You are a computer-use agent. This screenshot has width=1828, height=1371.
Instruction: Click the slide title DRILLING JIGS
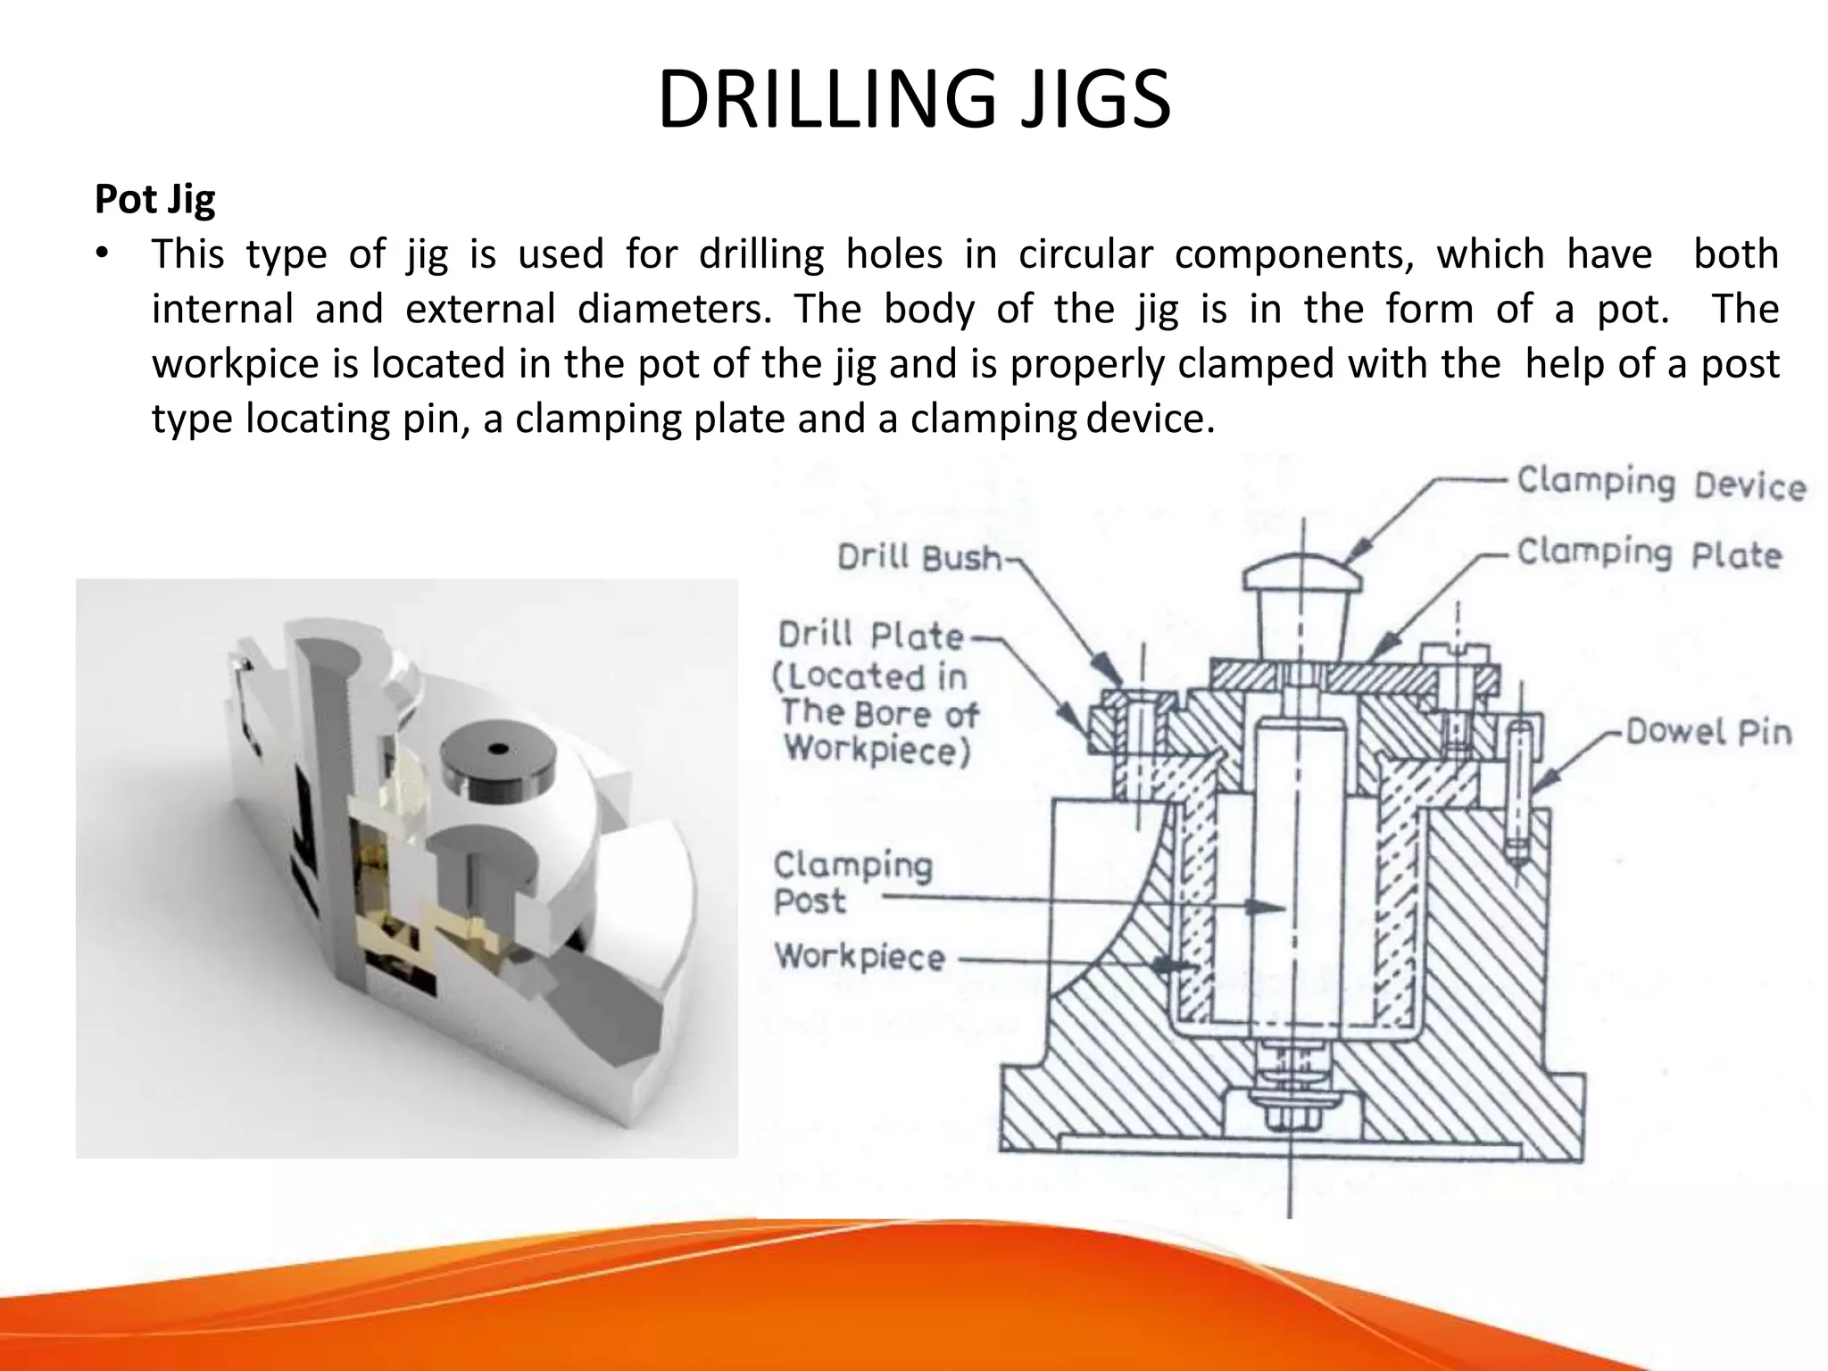point(914,100)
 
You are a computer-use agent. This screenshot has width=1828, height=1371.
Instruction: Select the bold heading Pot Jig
point(154,199)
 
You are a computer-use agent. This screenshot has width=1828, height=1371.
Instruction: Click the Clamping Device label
point(1660,483)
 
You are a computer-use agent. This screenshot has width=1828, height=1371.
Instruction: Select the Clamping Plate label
point(1649,553)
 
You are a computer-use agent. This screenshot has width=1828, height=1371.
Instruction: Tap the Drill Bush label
point(919,558)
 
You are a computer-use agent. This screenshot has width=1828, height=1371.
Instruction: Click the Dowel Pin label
point(1708,732)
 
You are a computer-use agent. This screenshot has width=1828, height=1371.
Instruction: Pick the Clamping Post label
point(852,882)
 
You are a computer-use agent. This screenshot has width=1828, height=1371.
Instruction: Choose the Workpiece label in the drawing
point(860,957)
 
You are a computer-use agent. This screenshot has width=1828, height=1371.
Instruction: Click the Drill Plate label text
point(871,636)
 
